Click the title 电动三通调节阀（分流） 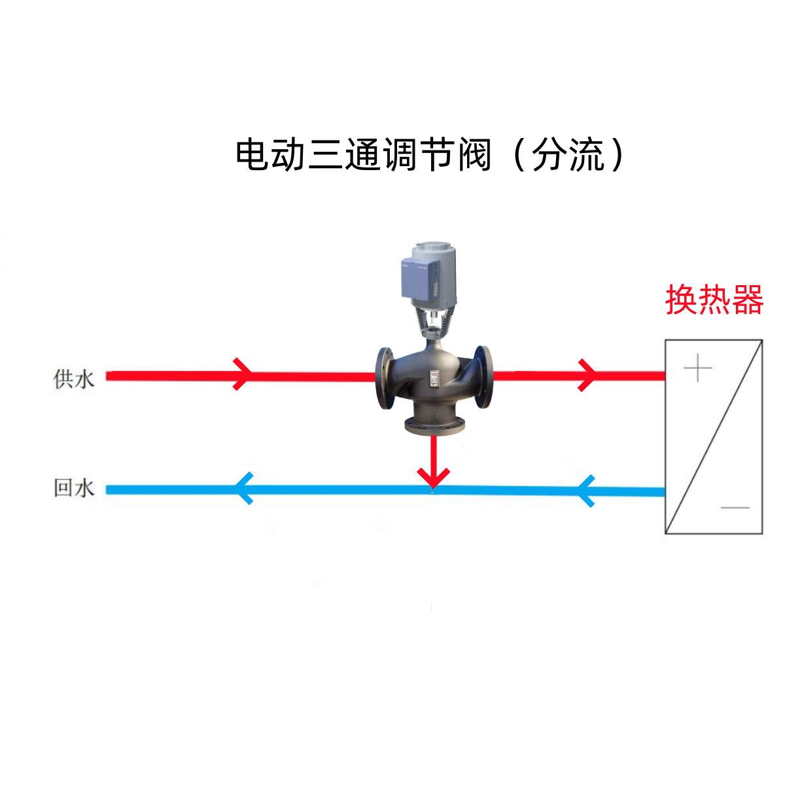click(x=430, y=155)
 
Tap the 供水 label click(x=74, y=379)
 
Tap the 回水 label click(x=74, y=488)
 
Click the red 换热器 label click(x=714, y=300)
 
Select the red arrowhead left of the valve click(x=243, y=374)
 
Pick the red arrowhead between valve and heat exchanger click(x=587, y=375)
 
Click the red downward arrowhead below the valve click(x=433, y=478)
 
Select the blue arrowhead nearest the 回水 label click(x=245, y=489)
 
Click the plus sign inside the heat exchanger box click(x=698, y=368)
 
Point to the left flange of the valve click(x=385, y=378)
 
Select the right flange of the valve click(x=483, y=377)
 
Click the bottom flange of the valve click(x=434, y=427)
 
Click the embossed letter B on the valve click(x=435, y=417)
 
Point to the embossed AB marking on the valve click(x=473, y=382)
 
